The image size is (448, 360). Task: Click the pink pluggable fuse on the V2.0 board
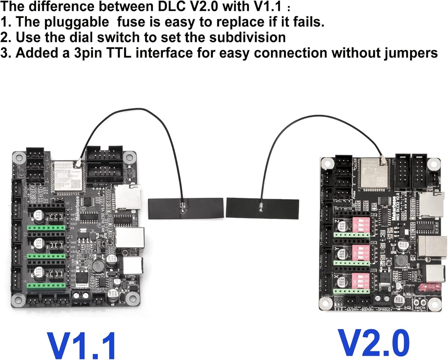click(x=429, y=288)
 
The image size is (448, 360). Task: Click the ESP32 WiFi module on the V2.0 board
click(x=375, y=173)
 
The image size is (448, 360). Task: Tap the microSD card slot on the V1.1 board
click(x=128, y=197)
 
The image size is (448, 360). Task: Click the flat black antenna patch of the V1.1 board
click(x=185, y=208)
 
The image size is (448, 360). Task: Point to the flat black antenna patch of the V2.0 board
click(x=262, y=208)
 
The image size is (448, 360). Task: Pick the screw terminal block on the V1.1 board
click(x=81, y=296)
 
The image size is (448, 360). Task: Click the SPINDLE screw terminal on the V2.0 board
click(x=383, y=299)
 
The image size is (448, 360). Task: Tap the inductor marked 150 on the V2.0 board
click(x=401, y=261)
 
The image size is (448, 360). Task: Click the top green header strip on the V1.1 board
click(x=46, y=228)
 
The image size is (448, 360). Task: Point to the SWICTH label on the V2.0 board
click(x=420, y=308)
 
